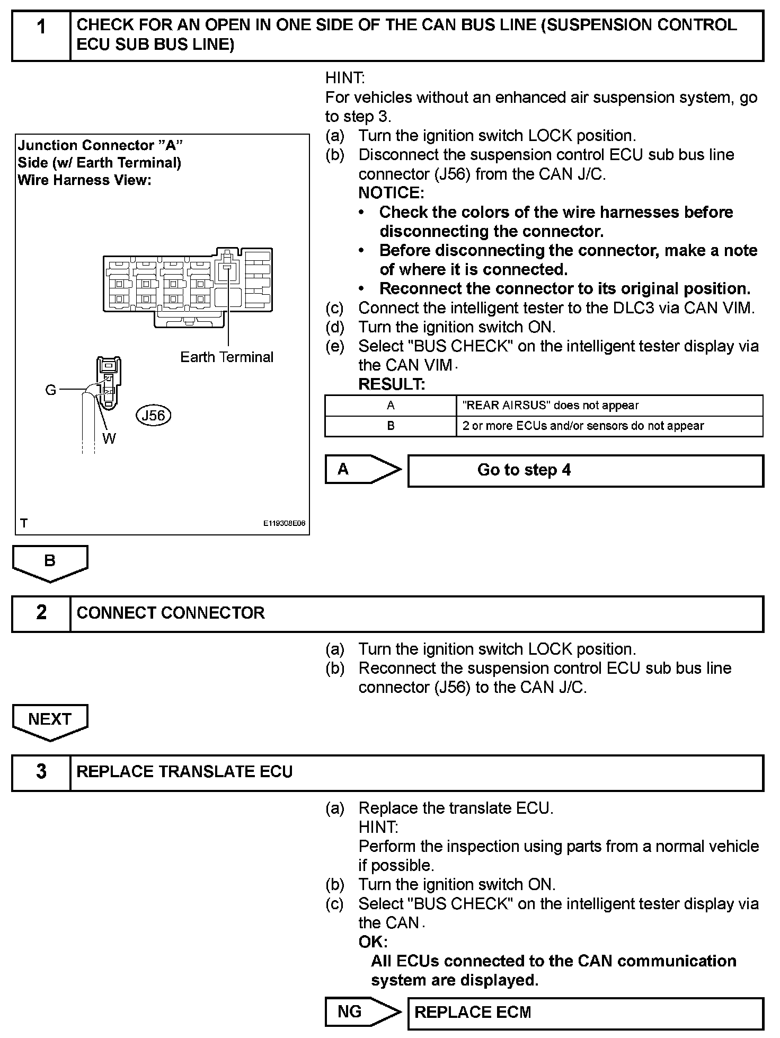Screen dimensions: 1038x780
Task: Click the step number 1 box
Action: pyautogui.click(x=41, y=36)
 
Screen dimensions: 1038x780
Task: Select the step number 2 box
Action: pyautogui.click(x=41, y=613)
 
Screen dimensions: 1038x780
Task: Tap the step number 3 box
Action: pyautogui.click(x=41, y=772)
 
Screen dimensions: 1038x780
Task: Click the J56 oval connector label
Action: pyautogui.click(x=154, y=416)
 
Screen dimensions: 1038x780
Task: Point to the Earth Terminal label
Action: pyautogui.click(x=227, y=357)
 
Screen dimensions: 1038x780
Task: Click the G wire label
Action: pyautogui.click(x=51, y=390)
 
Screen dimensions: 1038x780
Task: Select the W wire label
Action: pyautogui.click(x=109, y=438)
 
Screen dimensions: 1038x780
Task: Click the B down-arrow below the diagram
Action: pyautogui.click(x=50, y=562)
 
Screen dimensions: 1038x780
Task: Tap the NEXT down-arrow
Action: pyautogui.click(x=50, y=720)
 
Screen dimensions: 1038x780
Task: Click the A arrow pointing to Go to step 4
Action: pyautogui.click(x=360, y=469)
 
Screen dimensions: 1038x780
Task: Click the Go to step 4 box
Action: pyautogui.click(x=585, y=470)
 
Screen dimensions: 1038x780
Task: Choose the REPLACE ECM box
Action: pyautogui.click(x=585, y=1012)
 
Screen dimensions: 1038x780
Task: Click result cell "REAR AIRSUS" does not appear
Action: pyautogui.click(x=609, y=406)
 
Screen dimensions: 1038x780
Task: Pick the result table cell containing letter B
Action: pyautogui.click(x=391, y=426)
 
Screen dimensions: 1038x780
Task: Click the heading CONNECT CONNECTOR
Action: pyautogui.click(x=171, y=613)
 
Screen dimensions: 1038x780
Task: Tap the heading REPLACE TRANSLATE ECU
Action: pyautogui.click(x=184, y=772)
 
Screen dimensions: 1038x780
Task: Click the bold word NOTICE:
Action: pyautogui.click(x=391, y=193)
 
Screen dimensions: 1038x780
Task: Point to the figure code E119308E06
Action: pyautogui.click(x=285, y=523)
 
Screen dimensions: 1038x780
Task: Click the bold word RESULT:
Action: pyautogui.click(x=392, y=384)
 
